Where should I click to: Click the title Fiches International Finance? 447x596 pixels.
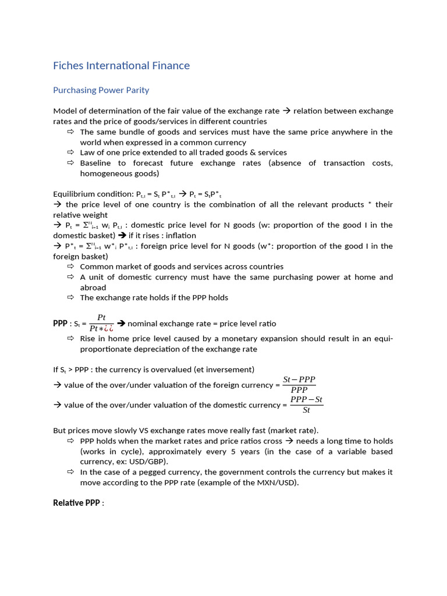[121, 66]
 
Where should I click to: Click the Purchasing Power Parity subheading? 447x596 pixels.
[101, 90]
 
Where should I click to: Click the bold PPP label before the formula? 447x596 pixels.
[60, 323]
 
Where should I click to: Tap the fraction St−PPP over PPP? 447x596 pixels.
[299, 385]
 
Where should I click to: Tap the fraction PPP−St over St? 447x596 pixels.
[306, 405]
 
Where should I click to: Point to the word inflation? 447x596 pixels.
[179, 235]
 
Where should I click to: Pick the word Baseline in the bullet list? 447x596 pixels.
[95, 163]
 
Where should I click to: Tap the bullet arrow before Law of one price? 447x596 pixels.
[70, 152]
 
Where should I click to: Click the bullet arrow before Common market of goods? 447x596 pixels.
[70, 267]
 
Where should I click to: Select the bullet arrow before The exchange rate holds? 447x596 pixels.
[70, 297]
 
